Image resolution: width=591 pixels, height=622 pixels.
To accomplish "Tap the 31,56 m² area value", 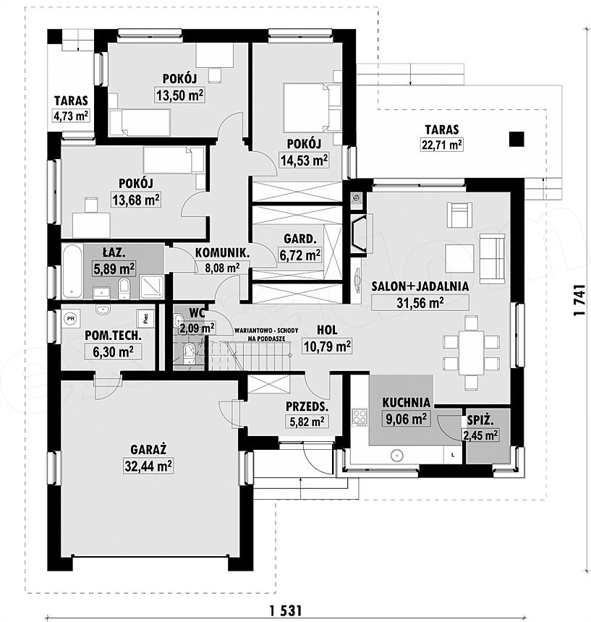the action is pyautogui.click(x=420, y=302).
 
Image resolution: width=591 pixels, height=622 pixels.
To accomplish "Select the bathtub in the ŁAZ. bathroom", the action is pyautogui.click(x=72, y=271).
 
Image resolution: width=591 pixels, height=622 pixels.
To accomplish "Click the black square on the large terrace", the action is pyautogui.click(x=516, y=140).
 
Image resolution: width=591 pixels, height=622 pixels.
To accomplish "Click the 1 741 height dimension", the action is pyautogui.click(x=579, y=300).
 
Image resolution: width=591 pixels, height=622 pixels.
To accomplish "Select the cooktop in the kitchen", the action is pyautogui.click(x=360, y=418).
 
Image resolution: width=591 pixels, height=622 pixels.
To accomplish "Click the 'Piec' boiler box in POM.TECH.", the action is pyautogui.click(x=145, y=318).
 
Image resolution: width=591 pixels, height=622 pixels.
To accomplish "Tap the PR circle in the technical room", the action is pyautogui.click(x=71, y=318).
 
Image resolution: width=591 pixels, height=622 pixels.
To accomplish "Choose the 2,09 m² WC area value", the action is pyautogui.click(x=197, y=328).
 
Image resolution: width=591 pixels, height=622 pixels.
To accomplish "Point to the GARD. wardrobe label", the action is pyautogui.click(x=300, y=239).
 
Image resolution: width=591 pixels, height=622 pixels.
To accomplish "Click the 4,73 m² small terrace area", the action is pyautogui.click(x=71, y=116).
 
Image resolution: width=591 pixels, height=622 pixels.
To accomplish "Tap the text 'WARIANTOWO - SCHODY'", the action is pyautogui.click(x=266, y=330).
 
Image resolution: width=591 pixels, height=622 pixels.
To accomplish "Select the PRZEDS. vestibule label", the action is pyautogui.click(x=307, y=406).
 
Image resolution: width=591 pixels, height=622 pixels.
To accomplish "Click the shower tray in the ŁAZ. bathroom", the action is pyautogui.click(x=153, y=287).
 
